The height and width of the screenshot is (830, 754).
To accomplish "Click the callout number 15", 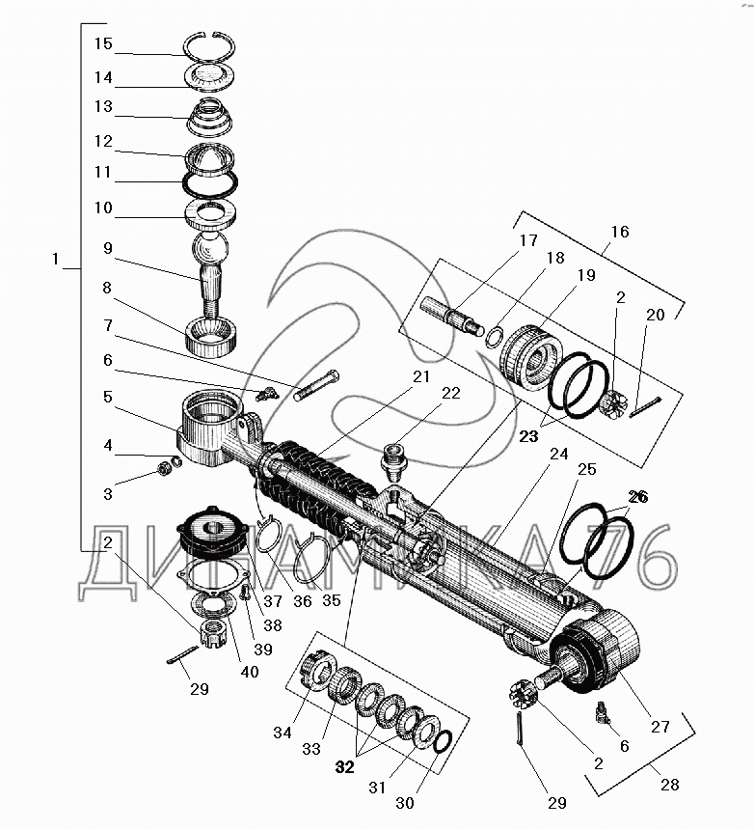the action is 103,43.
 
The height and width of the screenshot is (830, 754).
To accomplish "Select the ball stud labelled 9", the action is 211,274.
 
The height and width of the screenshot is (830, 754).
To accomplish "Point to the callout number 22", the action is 451,394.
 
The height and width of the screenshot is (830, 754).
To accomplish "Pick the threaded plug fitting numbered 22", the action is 392,461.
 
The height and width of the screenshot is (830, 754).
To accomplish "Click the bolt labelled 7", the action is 316,386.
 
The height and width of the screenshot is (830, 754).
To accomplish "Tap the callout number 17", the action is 528,241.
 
